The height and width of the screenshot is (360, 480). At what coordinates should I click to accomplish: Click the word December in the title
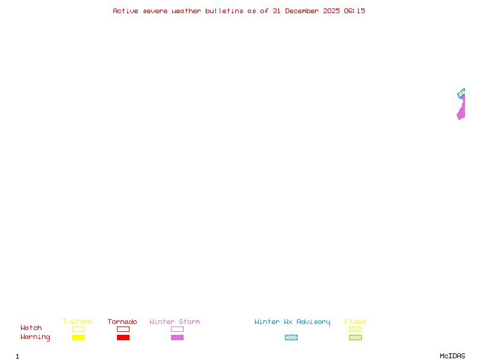302,11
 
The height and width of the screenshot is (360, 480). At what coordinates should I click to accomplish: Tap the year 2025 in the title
332,11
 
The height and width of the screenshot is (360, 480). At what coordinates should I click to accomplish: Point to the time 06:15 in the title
355,11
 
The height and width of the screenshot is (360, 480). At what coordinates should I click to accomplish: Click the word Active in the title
125,11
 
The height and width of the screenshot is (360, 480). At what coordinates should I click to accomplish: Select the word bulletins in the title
224,11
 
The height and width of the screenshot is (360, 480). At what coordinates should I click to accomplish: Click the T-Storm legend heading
77,322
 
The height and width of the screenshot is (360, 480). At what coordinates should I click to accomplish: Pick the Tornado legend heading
122,322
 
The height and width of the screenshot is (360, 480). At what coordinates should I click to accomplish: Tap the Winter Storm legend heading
175,322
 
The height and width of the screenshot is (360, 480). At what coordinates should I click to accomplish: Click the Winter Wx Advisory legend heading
292,322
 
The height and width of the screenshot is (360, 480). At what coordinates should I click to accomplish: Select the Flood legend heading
355,322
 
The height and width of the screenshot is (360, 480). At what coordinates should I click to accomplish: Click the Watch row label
31,328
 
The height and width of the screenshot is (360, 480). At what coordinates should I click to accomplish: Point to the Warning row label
35,337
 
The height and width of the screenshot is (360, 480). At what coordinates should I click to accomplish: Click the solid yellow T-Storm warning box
79,337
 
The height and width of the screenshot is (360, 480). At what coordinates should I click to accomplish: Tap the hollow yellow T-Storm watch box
79,326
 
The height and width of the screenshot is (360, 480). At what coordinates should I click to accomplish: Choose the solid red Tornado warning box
124,337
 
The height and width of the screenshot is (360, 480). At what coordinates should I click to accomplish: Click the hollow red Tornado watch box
124,326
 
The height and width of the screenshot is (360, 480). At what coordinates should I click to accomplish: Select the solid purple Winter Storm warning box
177,337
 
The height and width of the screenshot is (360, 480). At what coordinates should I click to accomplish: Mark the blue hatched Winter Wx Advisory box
291,337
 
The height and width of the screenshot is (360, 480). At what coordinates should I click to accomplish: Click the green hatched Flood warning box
355,337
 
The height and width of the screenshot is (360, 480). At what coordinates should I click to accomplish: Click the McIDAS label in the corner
452,356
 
